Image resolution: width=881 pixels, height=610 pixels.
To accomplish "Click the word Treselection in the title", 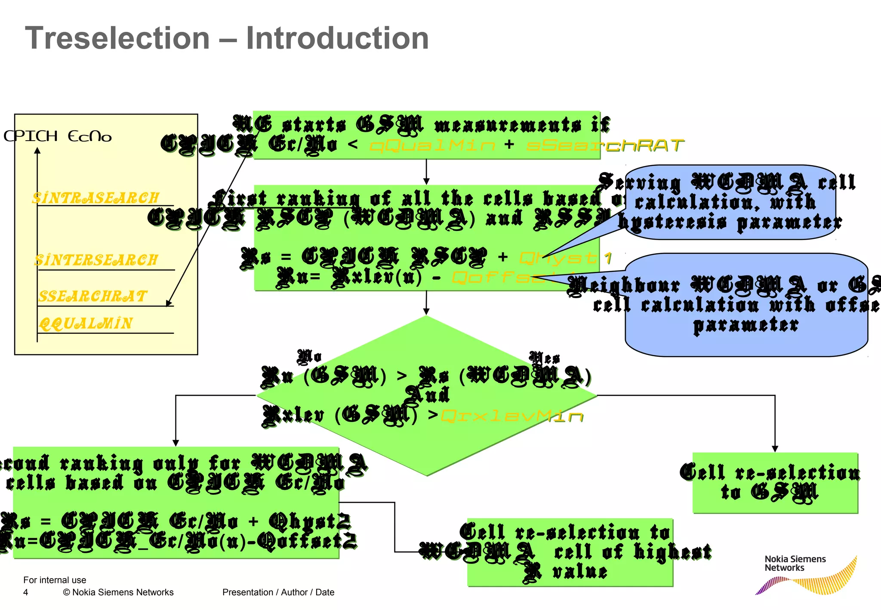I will [117, 39].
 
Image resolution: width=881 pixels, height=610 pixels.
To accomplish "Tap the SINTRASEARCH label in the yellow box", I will [95, 198].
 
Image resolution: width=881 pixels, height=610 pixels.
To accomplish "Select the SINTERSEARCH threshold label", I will [96, 260].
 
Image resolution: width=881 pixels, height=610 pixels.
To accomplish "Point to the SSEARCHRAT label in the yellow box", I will [92, 296].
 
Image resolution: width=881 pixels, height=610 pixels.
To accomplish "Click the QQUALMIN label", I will [86, 323].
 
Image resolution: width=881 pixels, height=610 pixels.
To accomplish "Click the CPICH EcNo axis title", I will [57, 136].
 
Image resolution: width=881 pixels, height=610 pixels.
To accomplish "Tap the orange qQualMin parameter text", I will [432, 145].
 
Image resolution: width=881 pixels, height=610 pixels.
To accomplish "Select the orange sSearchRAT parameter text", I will [604, 145].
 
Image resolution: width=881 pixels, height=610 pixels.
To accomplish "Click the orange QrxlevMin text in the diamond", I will [512, 416].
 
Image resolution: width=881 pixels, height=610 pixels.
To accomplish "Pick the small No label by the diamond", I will [309, 356].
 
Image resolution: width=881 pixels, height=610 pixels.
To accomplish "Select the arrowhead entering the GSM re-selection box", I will [775, 449].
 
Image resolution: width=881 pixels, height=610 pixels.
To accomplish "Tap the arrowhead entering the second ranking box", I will [176, 443].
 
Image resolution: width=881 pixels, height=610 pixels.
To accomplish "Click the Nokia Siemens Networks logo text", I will [795, 563].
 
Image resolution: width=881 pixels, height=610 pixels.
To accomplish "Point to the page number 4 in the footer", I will [26, 592].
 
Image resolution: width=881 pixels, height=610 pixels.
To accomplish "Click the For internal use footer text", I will [55, 580].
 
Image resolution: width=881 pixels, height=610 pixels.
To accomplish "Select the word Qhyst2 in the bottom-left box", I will [309, 521].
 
